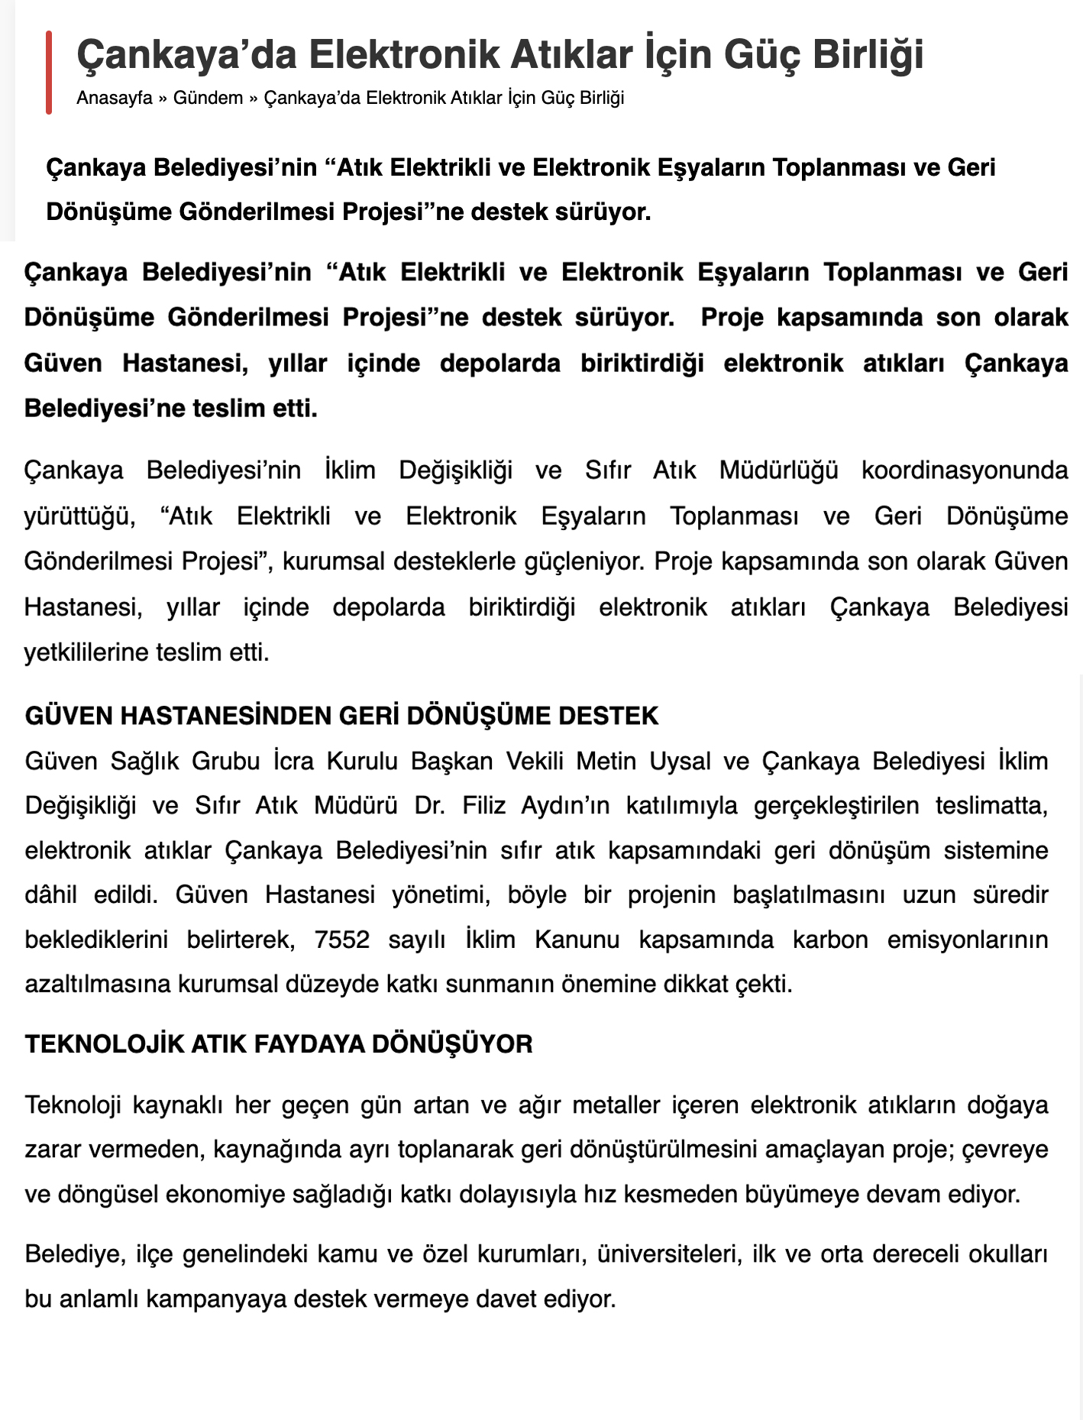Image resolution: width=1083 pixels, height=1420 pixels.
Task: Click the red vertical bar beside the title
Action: [49, 73]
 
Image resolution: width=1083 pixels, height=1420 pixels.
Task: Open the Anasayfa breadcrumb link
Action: [115, 99]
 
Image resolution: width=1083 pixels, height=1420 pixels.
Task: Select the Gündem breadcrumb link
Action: [208, 99]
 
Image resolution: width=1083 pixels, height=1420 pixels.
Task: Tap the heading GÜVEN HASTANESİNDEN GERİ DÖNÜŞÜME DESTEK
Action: [341, 716]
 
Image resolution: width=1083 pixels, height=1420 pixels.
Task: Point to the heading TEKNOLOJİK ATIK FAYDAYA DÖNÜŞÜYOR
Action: [279, 1044]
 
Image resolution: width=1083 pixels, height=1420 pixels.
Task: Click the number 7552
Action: [341, 939]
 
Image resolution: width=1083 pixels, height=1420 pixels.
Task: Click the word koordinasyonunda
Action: [965, 470]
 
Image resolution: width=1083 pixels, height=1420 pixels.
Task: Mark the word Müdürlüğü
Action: [778, 470]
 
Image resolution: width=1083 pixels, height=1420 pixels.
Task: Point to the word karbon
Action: [830, 939]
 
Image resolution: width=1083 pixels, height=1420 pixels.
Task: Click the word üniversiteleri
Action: [669, 1254]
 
